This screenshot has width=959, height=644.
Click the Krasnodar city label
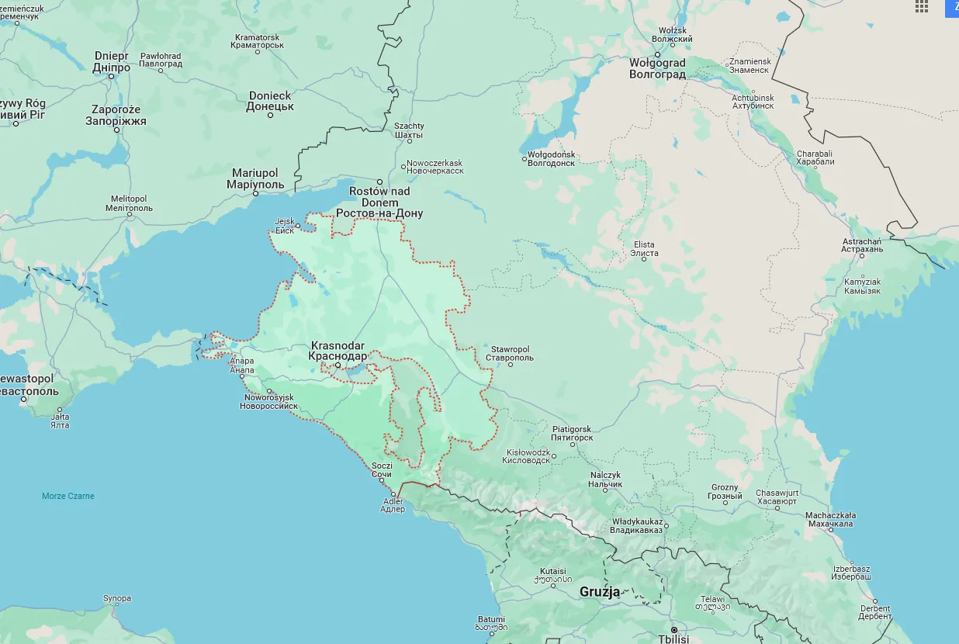coord(338,351)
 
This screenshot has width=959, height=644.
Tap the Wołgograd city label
coord(657,68)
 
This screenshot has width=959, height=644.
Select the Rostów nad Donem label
coord(379,202)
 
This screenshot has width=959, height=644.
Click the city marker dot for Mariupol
coord(256,193)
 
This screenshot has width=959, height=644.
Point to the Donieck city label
coord(270,101)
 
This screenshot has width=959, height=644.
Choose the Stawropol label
coord(509,353)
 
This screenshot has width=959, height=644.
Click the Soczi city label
coord(382,469)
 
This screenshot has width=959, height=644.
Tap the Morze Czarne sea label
coord(68,496)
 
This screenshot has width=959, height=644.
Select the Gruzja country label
coord(600,592)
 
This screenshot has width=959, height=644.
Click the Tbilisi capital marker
coord(674,629)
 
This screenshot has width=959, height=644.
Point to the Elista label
coord(645,249)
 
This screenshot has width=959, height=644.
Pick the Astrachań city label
coord(862,245)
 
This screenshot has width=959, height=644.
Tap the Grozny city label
coord(725,492)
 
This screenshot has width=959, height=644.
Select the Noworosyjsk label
coord(271,401)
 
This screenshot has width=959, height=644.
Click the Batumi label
coord(492,622)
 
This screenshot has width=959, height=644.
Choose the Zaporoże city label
coord(116,116)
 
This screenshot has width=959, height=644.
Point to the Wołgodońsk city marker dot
coord(525,159)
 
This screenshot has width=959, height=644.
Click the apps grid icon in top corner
coord(921,6)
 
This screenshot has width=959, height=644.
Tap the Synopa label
coord(117,598)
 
